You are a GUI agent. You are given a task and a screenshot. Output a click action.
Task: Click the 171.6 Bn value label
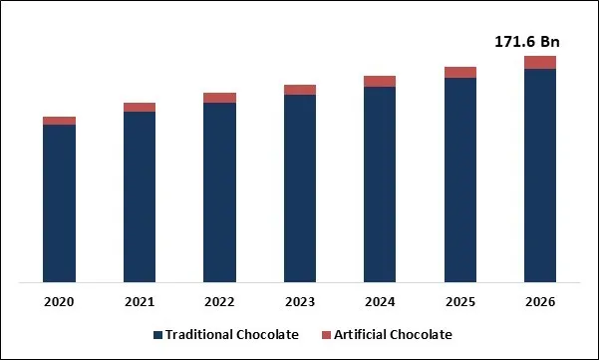pos(526,41)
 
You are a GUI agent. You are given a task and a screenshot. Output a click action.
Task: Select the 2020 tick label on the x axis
pos(59,300)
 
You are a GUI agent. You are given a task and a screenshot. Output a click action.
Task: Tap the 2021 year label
pos(140,300)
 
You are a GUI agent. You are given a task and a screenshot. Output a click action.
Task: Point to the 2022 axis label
pos(219,300)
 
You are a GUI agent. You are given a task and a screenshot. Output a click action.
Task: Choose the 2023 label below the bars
pos(300,300)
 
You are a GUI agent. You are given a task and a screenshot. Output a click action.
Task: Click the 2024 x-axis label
pos(380,300)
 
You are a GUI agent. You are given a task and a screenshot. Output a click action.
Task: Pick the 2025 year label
pos(459,300)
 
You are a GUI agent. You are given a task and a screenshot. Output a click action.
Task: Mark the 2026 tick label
pos(540,300)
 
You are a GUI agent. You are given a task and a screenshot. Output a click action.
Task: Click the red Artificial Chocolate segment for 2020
pos(59,121)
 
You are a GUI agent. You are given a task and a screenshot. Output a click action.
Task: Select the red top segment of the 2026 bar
pos(540,63)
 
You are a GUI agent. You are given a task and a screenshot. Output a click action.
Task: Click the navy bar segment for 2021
pos(140,196)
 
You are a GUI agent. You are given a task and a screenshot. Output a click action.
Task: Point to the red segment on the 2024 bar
pos(380,82)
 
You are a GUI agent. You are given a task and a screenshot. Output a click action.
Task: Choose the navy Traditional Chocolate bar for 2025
pos(459,180)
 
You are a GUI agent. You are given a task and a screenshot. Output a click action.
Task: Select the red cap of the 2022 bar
pos(219,98)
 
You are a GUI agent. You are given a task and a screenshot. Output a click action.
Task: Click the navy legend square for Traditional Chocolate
pos(157,335)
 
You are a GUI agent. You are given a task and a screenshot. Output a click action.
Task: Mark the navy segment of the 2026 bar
pos(540,176)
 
